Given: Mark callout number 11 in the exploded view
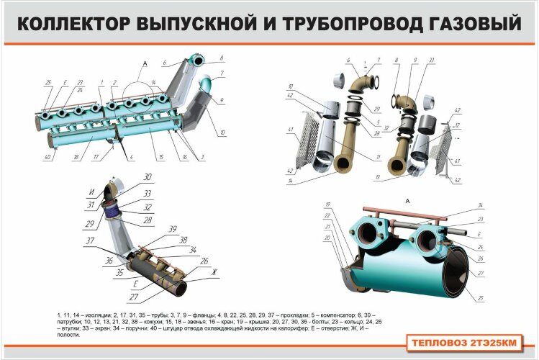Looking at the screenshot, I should pyautogui.click(x=376, y=157).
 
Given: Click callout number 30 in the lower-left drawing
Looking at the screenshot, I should pyautogui.click(x=147, y=176).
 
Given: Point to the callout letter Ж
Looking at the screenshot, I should pyautogui.click(x=213, y=272).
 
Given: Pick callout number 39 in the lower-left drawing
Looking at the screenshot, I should pyautogui.click(x=173, y=228).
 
